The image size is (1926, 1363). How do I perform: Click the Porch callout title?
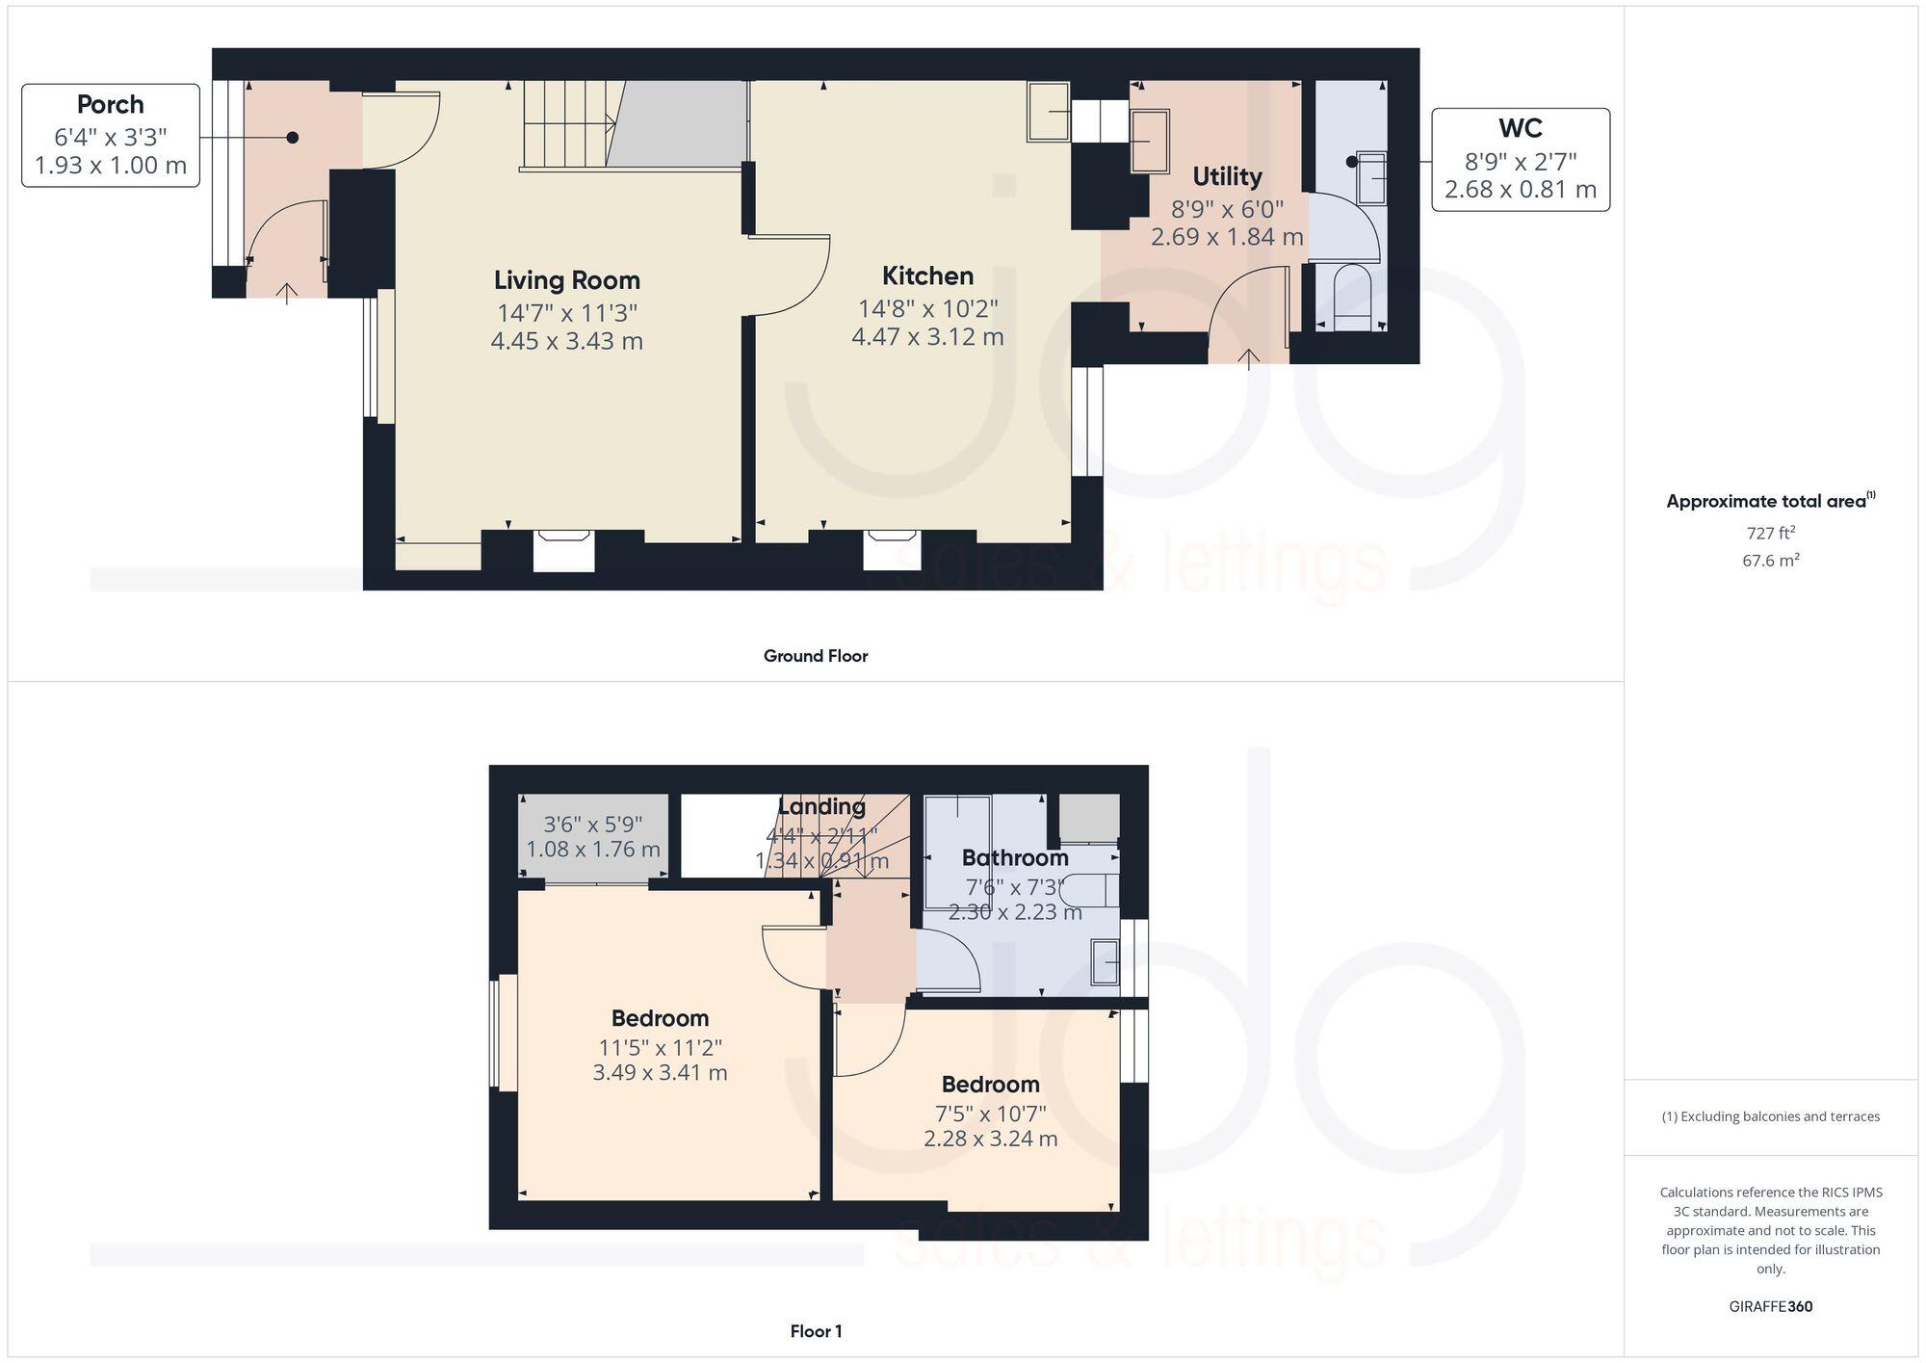point(110,105)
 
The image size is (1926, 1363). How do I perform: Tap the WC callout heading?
point(1520,128)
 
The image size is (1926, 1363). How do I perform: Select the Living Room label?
point(566,280)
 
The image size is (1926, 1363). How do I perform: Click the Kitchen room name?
point(927,276)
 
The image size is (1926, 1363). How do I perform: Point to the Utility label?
point(1226,176)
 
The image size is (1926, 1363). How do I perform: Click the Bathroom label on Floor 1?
point(1014,857)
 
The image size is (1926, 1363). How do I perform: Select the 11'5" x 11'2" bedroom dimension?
point(660,1047)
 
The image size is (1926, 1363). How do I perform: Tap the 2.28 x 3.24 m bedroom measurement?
point(990,1139)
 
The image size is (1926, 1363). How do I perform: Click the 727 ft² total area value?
point(1770,533)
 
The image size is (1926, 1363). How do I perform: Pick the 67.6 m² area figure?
point(1770,560)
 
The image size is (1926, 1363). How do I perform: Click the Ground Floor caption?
point(815,656)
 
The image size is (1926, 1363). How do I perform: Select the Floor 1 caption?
point(816,1331)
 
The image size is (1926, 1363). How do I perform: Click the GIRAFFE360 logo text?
point(1770,1306)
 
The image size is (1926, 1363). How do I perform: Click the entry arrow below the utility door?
point(1248,358)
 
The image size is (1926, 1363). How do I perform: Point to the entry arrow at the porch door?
point(287,293)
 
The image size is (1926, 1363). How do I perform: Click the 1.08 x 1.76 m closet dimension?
point(592,850)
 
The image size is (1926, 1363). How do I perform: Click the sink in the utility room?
point(1149,142)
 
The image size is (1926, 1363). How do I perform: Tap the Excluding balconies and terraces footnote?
point(1770,1116)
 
